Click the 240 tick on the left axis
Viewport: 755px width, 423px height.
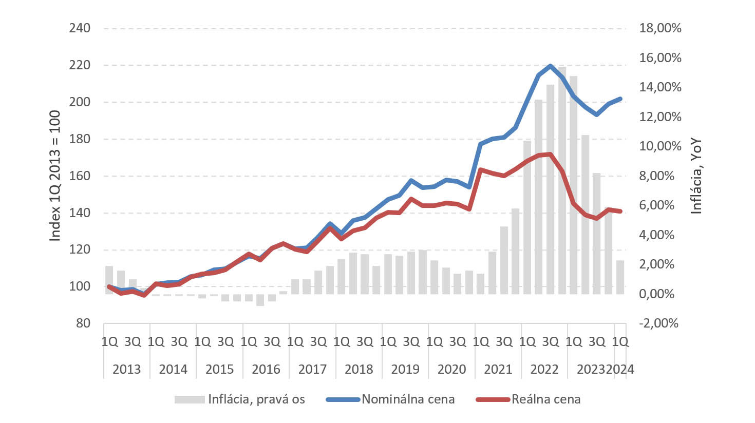pos(80,28)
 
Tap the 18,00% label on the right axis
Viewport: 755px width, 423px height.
pos(660,28)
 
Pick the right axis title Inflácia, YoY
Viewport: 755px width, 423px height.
pos(696,176)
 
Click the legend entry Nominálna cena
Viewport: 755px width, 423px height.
pos(408,399)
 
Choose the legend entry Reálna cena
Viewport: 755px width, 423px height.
pos(546,399)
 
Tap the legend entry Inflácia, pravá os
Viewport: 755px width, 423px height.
pos(256,399)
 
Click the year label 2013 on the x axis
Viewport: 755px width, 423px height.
pos(126,369)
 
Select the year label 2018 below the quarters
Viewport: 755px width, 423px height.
pos(358,369)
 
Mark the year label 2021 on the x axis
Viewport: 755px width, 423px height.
pos(498,369)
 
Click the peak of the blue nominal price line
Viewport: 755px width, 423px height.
pos(551,66)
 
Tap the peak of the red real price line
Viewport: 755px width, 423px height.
pos(551,154)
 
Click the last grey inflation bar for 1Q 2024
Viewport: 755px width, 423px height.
pos(620,277)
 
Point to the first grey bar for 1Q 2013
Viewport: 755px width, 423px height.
pos(109,280)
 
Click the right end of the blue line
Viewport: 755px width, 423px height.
pos(620,99)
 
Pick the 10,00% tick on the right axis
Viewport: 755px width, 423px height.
pos(660,146)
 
